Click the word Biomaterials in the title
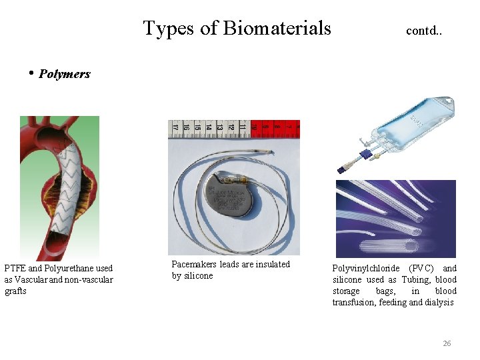277,29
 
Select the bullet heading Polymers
64,74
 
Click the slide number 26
447,343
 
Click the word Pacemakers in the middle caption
194,265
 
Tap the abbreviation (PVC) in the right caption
421,269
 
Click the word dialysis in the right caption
440,303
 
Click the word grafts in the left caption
15,291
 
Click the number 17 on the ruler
175,125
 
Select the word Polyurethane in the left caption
70,269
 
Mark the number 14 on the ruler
209,125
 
